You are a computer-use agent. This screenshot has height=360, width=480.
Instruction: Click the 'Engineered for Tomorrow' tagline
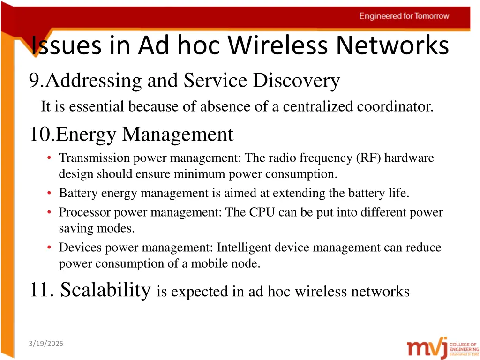coord(404,16)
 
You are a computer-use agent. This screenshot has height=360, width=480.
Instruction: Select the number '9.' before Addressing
coord(37,81)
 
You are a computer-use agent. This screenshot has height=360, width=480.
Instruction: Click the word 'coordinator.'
coord(395,107)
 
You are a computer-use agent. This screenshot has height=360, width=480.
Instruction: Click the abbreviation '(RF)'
coord(372,158)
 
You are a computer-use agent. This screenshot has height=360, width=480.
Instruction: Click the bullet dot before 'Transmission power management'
coord(50,158)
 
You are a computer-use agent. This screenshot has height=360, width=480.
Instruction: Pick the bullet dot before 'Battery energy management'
coord(50,193)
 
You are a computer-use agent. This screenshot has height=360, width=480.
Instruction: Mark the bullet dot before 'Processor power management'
coord(50,212)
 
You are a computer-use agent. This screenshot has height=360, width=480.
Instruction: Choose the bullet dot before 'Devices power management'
coord(50,247)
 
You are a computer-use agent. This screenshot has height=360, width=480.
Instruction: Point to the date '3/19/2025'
coord(45,344)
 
